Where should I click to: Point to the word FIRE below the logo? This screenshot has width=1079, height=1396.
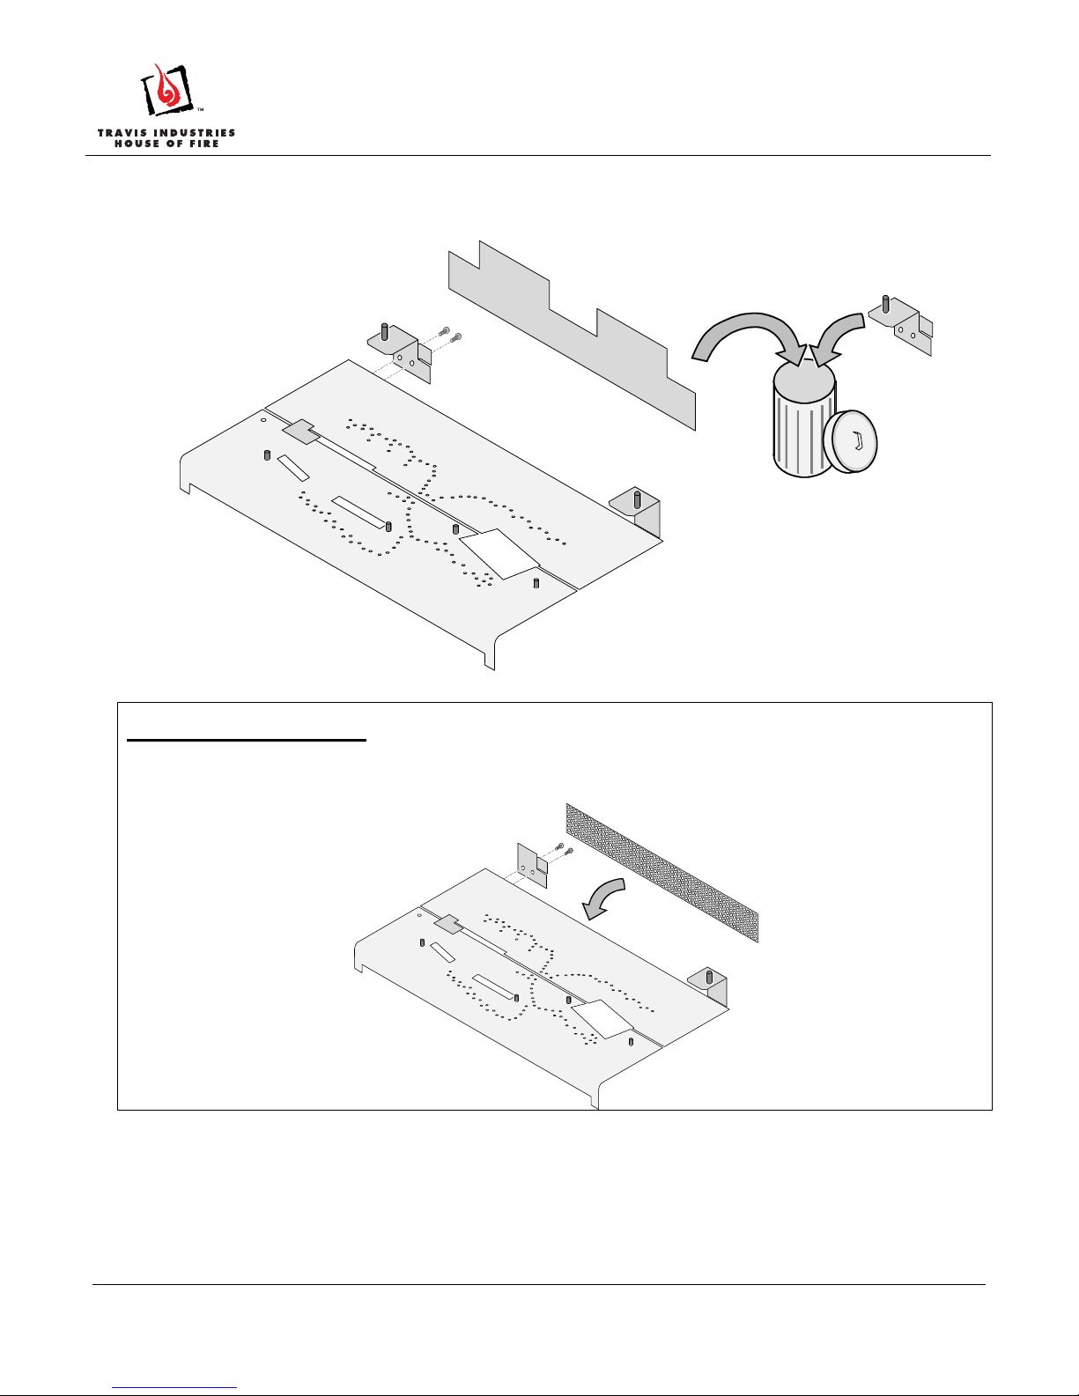204,144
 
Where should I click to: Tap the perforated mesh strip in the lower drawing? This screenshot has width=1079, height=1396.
661,873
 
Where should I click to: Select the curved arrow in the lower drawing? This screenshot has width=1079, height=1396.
603,897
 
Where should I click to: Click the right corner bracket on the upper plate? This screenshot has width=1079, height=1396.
636,512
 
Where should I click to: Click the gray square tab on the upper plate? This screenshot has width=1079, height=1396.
300,432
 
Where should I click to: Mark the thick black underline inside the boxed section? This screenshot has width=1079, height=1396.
247,740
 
